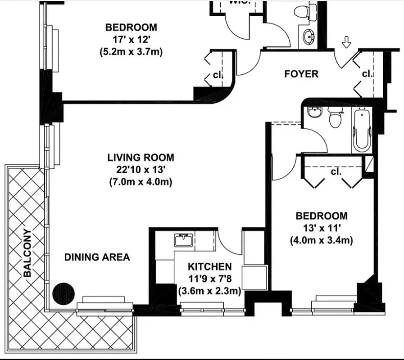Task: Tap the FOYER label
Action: click(x=301, y=74)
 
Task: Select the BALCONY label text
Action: click(x=27, y=252)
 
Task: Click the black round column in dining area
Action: click(x=63, y=294)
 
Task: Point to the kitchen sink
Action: click(x=183, y=240)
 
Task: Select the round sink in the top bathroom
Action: click(x=309, y=36)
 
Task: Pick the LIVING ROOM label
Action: click(x=141, y=157)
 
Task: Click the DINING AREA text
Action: click(x=97, y=257)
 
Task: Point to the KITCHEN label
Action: click(x=210, y=267)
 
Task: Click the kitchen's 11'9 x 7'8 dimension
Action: click(x=209, y=279)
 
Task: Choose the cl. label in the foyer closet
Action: click(x=368, y=74)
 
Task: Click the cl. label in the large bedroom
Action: click(x=218, y=75)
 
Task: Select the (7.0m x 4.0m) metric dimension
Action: click(x=141, y=182)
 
